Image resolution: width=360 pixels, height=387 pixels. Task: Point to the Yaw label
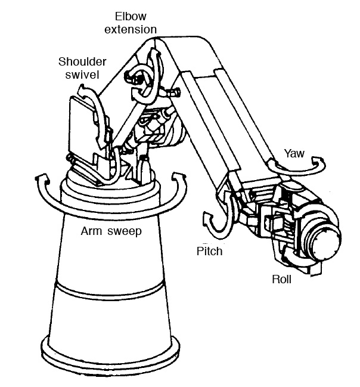[294, 153]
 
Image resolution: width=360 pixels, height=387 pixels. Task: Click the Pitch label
[209, 251]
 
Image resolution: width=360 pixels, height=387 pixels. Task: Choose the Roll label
[282, 278]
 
